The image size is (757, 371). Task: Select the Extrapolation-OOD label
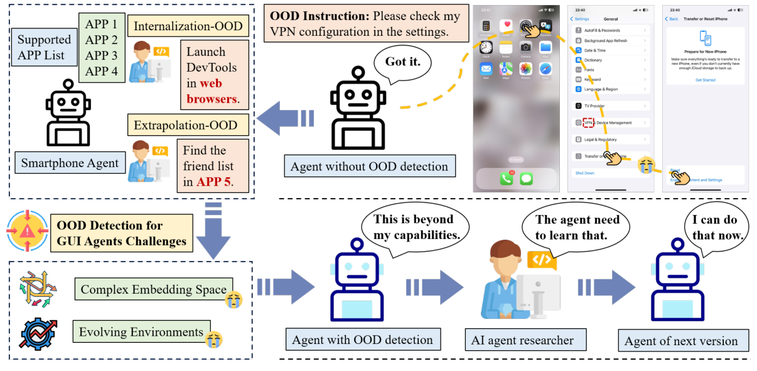(185, 125)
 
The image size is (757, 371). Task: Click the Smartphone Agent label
(70, 163)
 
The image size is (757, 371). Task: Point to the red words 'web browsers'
(211, 91)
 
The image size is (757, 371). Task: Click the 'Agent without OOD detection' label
(369, 167)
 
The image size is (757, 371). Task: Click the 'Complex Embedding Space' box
(153, 290)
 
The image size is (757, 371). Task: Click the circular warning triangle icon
(27, 231)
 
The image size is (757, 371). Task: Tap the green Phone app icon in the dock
(507, 178)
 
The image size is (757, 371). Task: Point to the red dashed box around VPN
(588, 123)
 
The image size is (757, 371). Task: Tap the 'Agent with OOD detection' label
(362, 340)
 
